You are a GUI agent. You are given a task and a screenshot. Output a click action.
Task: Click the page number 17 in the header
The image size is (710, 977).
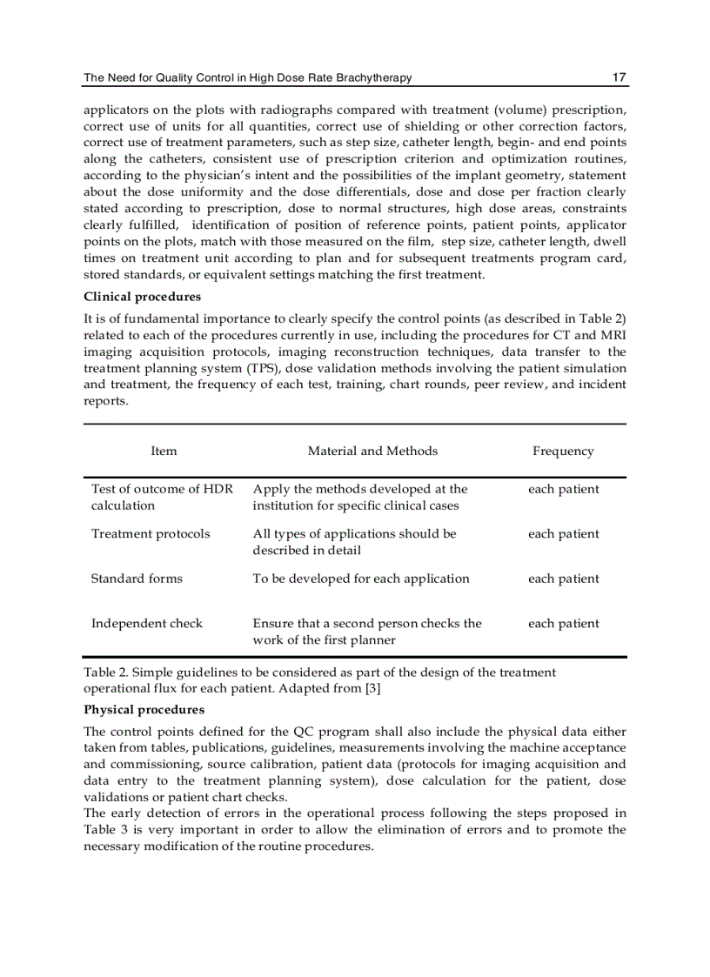click(x=619, y=77)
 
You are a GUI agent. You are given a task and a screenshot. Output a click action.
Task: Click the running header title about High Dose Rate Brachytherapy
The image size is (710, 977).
click(x=247, y=78)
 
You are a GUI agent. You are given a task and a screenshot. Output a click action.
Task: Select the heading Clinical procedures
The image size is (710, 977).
click(x=142, y=297)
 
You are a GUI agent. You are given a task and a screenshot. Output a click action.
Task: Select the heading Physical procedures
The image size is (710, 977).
click(x=144, y=710)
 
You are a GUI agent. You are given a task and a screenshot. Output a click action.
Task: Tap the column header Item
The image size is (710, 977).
click(x=164, y=451)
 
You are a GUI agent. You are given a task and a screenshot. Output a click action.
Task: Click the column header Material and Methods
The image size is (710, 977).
click(x=372, y=451)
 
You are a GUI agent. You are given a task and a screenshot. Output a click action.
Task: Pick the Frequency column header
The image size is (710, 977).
click(x=563, y=451)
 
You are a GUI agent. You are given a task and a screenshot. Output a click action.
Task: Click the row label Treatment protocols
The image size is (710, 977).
click(x=151, y=533)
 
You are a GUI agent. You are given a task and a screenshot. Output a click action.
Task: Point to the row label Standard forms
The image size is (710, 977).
click(x=137, y=579)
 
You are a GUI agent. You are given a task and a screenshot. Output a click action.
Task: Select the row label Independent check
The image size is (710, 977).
click(x=146, y=623)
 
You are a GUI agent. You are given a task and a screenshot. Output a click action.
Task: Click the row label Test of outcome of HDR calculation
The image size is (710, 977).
click(x=162, y=497)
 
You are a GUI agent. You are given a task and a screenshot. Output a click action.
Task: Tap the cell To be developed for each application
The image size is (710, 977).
click(x=360, y=579)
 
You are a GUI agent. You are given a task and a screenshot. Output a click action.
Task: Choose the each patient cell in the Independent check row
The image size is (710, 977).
click(x=563, y=623)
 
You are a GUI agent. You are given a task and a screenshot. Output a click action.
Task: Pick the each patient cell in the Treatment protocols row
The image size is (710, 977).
click(x=563, y=533)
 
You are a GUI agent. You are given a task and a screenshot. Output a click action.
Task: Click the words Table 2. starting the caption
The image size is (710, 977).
click(x=106, y=673)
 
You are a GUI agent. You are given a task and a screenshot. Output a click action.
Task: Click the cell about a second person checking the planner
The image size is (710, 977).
click(x=366, y=632)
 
